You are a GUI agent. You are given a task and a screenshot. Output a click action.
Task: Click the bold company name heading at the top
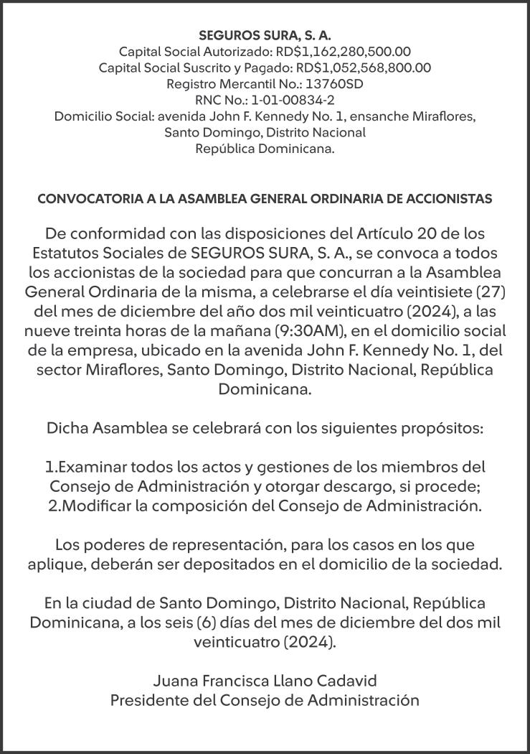point(265,34)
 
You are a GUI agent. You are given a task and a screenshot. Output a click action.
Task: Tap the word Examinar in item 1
point(89,467)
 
